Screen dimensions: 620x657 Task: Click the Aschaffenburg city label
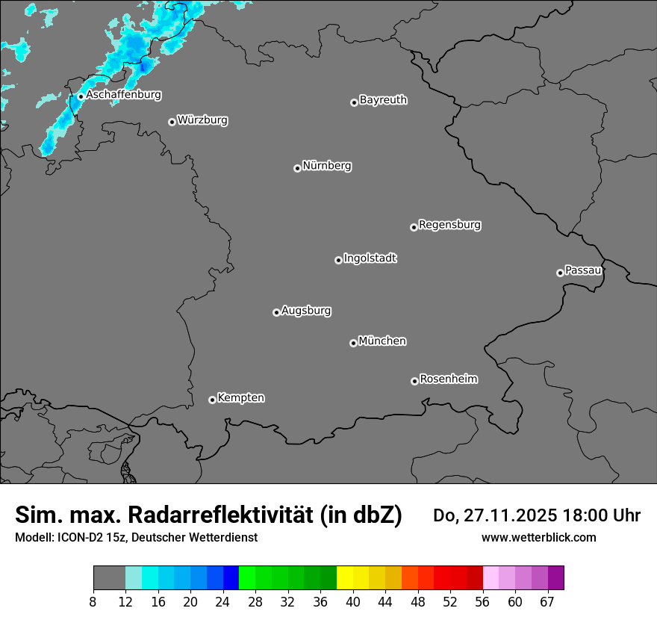click(123, 95)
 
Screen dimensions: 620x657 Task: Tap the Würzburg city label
click(202, 120)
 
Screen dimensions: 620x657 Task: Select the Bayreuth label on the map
click(383, 99)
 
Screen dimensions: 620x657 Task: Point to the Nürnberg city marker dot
click(297, 168)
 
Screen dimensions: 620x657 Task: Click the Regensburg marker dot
click(414, 227)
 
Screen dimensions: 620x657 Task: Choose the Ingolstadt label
click(370, 258)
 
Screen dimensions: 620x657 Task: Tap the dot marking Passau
click(560, 273)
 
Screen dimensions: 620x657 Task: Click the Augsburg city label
click(306, 310)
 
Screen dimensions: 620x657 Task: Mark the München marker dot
click(353, 343)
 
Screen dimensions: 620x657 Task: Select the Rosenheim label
click(448, 379)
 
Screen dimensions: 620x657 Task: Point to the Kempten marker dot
click(212, 400)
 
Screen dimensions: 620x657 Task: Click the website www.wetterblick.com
click(539, 537)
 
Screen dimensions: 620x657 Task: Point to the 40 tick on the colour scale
click(353, 601)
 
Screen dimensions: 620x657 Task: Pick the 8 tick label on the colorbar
click(93, 601)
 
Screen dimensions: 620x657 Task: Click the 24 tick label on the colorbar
click(223, 601)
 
